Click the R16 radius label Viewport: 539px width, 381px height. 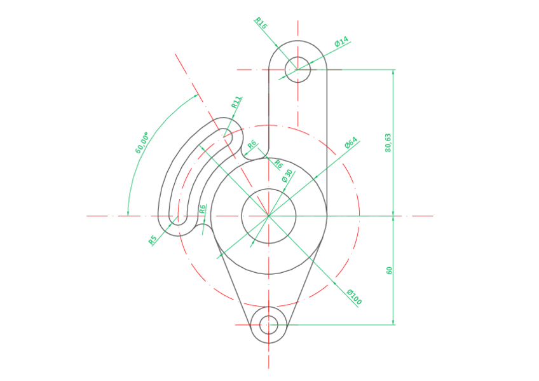point(261,24)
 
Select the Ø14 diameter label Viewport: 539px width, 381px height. point(341,43)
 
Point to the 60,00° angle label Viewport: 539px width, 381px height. point(142,143)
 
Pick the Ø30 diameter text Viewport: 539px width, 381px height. point(287,175)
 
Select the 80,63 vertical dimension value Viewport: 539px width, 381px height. point(388,142)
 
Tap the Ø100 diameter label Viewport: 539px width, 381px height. point(353,297)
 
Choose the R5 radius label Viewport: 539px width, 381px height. point(152,240)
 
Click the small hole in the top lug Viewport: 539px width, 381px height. point(297,69)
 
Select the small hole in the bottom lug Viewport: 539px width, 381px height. point(269,324)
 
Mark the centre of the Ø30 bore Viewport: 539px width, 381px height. point(269,216)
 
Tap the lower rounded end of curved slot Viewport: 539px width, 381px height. point(179,218)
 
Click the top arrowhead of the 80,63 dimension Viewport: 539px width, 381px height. point(393,73)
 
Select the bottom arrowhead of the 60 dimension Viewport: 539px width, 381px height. point(393,321)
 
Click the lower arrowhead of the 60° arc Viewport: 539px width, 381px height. point(128,212)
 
